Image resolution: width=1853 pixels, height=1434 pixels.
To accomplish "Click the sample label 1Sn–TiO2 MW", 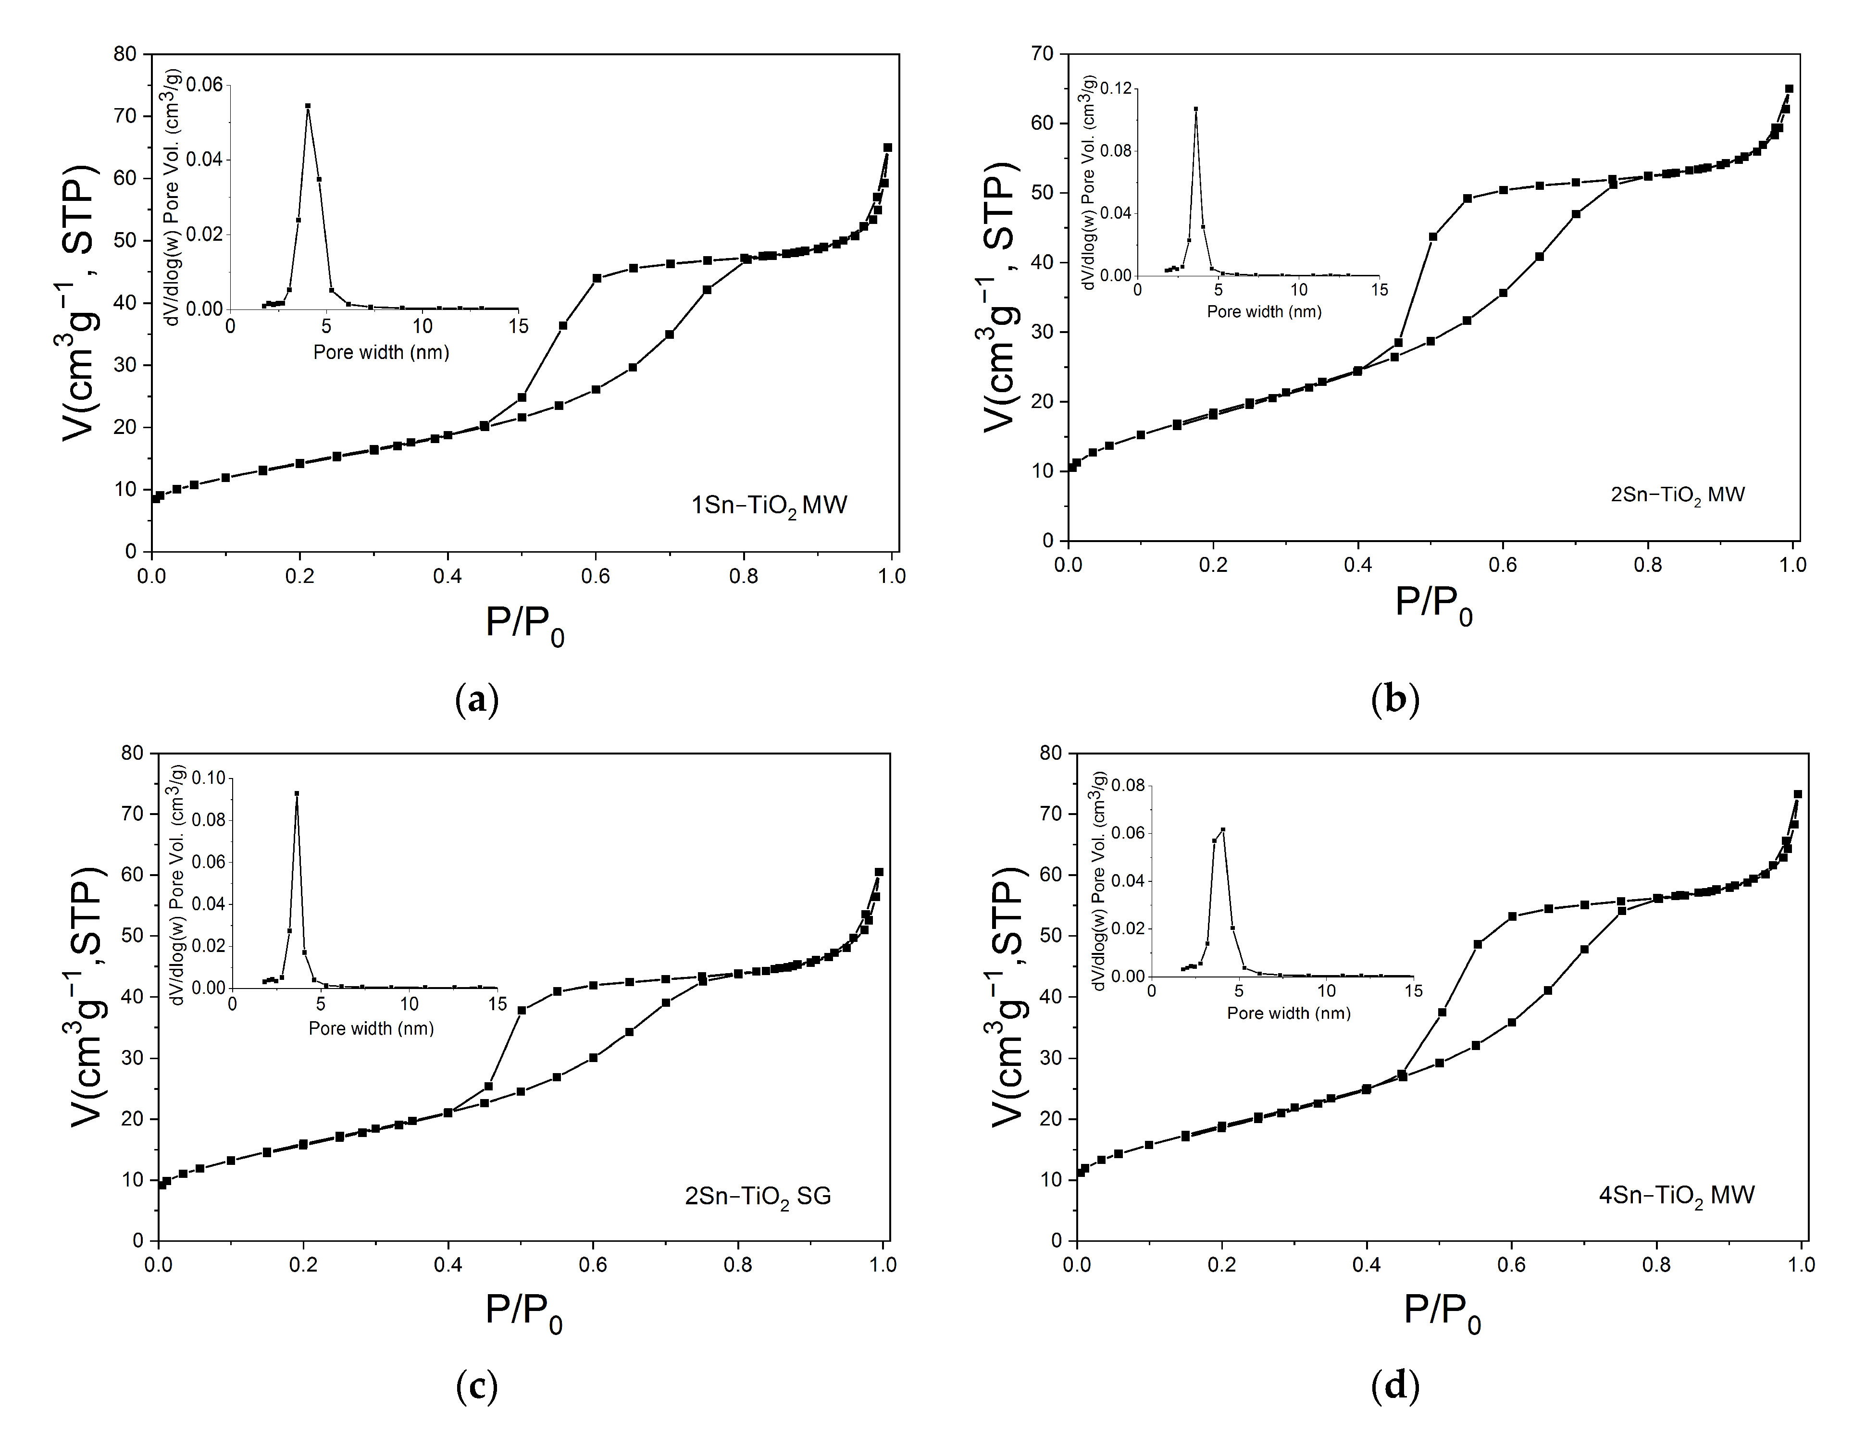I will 769,506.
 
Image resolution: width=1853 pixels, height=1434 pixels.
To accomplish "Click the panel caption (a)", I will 477,701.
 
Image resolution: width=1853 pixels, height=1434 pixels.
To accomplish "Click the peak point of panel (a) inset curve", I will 308,107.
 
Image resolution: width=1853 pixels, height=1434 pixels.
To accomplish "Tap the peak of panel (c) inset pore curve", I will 296,794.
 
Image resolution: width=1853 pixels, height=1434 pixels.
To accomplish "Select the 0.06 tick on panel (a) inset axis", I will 204,85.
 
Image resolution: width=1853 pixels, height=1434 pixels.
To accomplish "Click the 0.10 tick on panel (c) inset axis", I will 209,779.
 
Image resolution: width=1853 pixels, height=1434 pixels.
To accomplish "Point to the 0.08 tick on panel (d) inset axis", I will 1127,785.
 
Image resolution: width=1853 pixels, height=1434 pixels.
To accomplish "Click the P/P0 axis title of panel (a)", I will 524,626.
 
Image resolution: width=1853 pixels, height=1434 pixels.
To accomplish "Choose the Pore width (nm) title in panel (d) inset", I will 1288,1014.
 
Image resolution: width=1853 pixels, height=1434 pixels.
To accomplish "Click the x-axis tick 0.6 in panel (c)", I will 593,1265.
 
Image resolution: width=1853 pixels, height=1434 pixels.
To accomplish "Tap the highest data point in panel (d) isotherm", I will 1797,794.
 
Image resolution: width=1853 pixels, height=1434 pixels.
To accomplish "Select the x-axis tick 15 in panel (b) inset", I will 1380,290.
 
